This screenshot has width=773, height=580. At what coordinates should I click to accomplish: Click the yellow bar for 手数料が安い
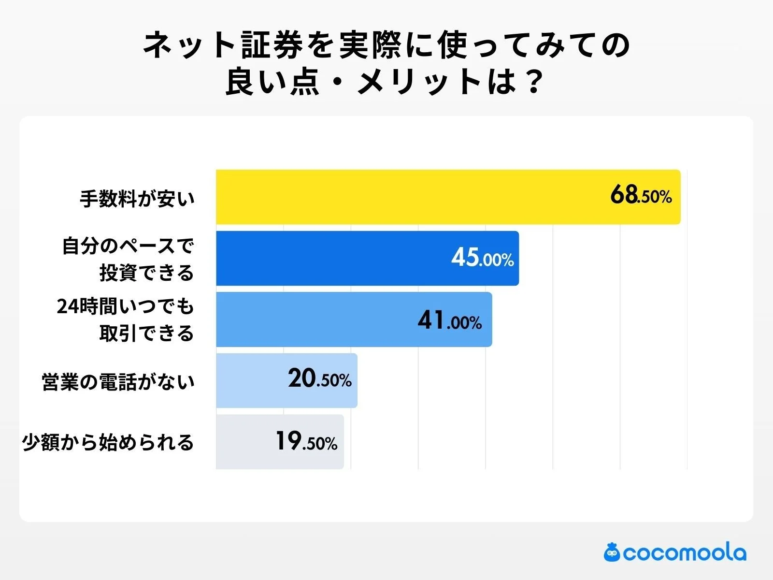[411, 197]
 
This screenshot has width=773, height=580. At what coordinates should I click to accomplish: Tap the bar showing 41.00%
[314, 319]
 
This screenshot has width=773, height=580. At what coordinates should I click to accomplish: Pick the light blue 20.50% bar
[251, 380]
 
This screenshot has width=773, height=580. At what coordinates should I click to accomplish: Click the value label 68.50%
[641, 196]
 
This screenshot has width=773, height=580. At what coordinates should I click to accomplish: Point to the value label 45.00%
[482, 258]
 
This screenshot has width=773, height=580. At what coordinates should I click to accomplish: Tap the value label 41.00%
[449, 320]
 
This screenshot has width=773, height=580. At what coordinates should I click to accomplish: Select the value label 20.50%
[319, 379]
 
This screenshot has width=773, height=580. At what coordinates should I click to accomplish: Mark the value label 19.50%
[306, 442]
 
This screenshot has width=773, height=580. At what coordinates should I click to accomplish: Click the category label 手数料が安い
[137, 199]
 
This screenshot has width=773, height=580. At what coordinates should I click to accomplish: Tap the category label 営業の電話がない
[118, 382]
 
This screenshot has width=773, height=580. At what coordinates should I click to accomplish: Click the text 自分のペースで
[129, 246]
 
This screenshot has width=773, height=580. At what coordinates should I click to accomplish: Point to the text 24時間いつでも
[126, 306]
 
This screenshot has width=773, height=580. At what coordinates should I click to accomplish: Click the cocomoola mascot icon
[612, 552]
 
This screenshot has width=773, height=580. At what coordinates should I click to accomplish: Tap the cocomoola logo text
[684, 553]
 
